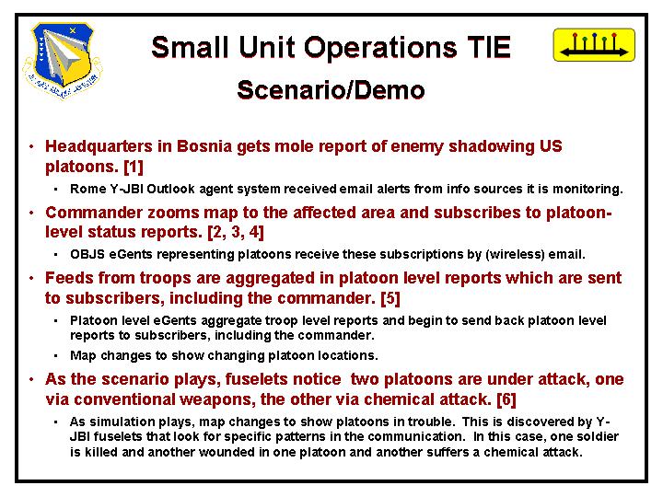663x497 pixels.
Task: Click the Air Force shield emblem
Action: click(x=63, y=60)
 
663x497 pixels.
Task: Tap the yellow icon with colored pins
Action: click(x=594, y=45)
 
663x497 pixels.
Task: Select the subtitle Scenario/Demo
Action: click(x=331, y=90)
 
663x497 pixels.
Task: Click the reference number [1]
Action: click(x=134, y=167)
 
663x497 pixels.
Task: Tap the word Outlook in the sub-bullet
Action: click(x=171, y=189)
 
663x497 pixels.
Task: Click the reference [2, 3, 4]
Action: click(x=236, y=232)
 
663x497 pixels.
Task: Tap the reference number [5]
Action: click(x=390, y=298)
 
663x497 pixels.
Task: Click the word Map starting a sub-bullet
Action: click(x=83, y=356)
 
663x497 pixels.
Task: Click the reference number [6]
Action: click(x=506, y=399)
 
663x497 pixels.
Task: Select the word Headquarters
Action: click(x=99, y=146)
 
